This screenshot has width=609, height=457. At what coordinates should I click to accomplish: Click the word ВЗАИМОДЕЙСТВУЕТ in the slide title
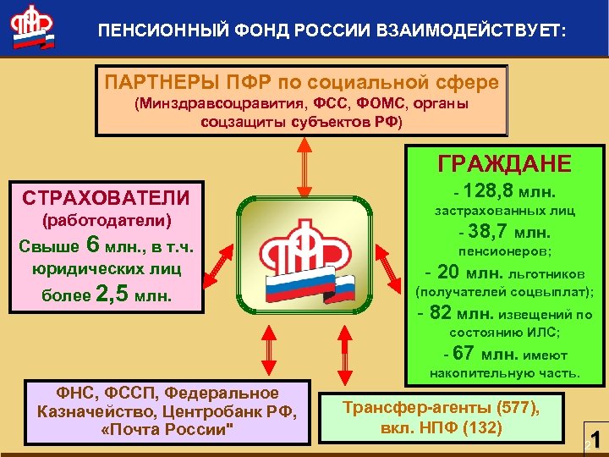(x=481, y=31)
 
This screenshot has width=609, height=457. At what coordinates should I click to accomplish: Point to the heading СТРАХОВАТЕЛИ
(x=106, y=198)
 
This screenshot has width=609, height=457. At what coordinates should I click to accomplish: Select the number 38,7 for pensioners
(x=490, y=231)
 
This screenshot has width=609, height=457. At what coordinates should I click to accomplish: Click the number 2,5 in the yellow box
(x=113, y=295)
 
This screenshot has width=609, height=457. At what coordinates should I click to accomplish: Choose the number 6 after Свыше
(x=94, y=245)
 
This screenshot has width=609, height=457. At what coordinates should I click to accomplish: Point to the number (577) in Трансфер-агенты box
(x=518, y=407)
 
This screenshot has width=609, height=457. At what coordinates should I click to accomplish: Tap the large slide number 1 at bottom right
(x=595, y=440)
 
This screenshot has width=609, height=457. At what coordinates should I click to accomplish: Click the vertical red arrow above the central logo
(x=299, y=166)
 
